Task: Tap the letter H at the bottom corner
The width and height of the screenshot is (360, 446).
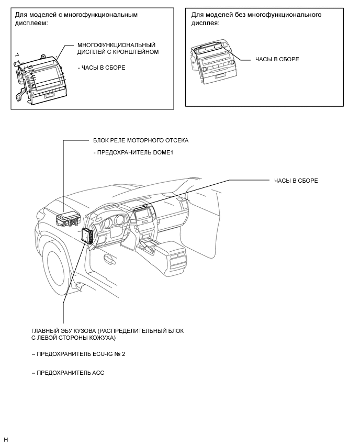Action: [6, 439]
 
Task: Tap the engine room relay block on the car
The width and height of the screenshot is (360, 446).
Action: [67, 218]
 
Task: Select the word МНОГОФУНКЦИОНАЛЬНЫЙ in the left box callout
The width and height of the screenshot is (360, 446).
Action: [116, 45]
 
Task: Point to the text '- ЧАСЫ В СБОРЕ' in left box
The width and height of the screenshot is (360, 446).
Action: [101, 68]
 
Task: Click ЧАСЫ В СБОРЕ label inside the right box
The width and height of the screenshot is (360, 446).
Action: [277, 59]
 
